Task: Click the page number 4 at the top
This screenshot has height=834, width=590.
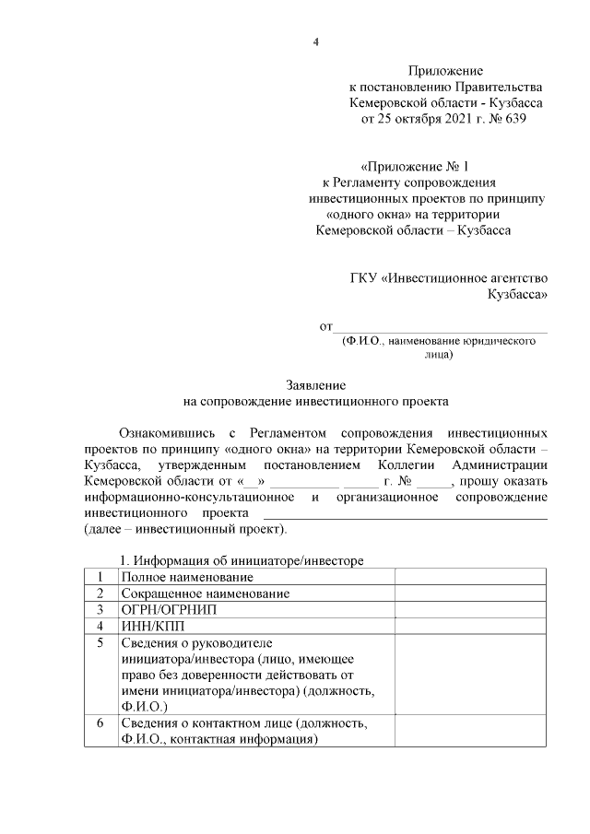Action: click(315, 42)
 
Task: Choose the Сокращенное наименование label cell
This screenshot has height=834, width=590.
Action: click(205, 593)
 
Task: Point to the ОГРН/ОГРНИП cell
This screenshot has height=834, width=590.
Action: click(170, 609)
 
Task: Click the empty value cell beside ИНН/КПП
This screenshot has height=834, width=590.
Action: click(471, 626)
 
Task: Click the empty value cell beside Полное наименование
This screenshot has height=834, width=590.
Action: click(471, 577)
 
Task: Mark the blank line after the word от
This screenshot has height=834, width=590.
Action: click(439, 326)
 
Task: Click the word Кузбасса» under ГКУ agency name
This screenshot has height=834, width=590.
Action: click(517, 296)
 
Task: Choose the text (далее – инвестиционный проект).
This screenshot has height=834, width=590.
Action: click(185, 530)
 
